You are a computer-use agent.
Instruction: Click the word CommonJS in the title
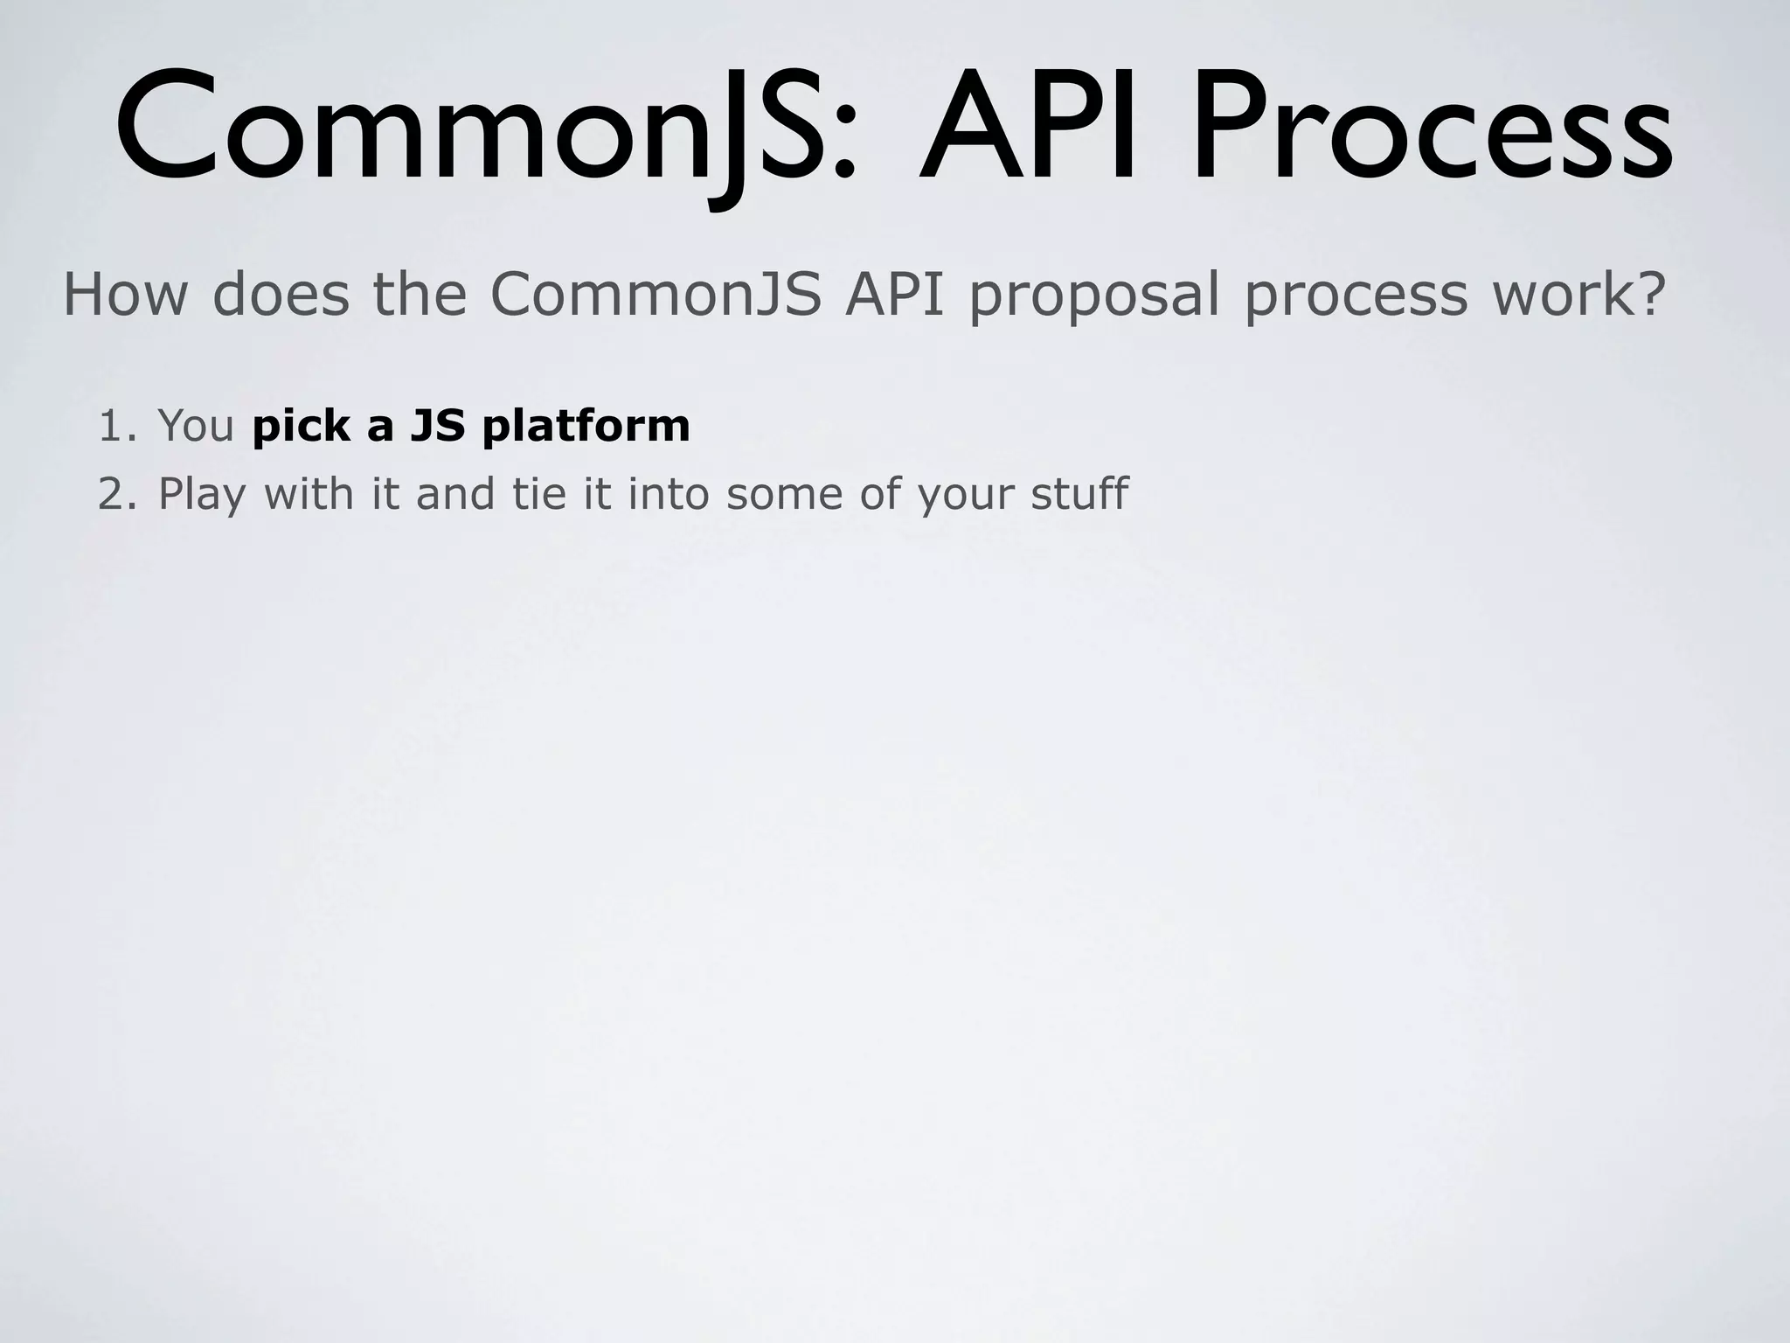click(472, 131)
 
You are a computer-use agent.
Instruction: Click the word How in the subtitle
click(125, 295)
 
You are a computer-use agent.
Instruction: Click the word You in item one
click(196, 426)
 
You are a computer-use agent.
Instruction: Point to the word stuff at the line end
click(1079, 494)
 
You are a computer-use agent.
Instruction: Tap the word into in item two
click(666, 494)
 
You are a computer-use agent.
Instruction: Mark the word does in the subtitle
click(281, 295)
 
